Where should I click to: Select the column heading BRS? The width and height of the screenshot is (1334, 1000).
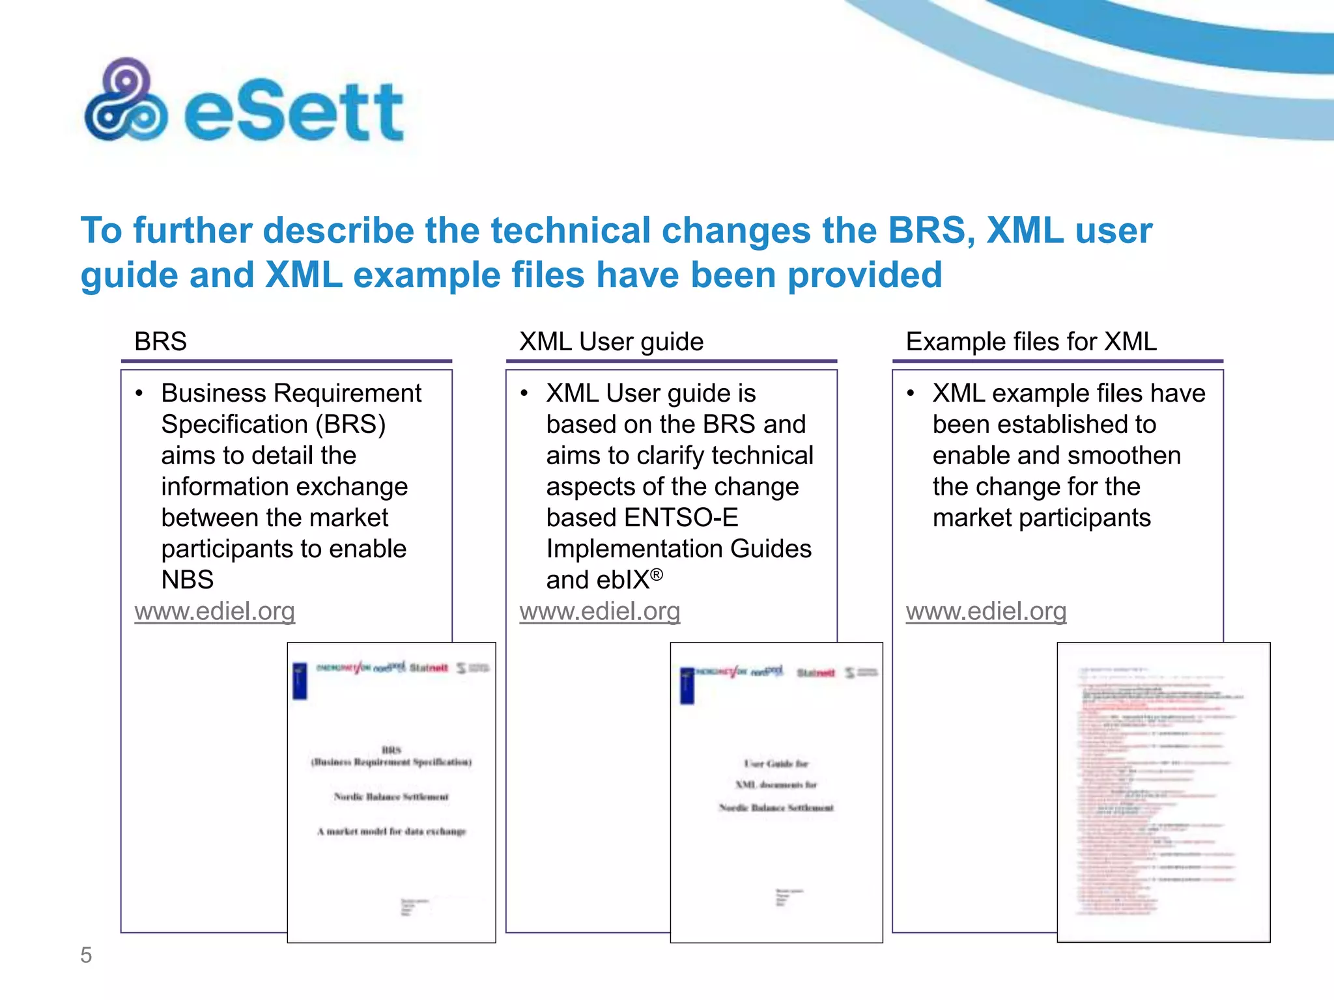(160, 342)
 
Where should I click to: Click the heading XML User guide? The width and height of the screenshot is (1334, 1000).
(611, 342)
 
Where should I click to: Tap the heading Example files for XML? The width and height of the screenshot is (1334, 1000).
(1031, 342)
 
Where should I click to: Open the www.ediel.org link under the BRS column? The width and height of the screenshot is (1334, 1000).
(215, 611)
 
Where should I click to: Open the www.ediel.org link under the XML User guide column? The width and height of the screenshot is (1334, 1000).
(600, 611)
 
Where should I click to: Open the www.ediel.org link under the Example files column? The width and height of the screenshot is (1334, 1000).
(986, 611)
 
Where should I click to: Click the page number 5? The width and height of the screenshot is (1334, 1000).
(86, 955)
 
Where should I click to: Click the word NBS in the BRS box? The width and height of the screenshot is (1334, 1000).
(188, 580)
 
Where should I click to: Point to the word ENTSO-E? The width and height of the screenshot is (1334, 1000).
(681, 518)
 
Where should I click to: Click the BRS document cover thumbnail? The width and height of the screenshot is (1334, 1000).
(391, 792)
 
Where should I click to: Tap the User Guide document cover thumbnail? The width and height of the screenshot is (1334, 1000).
(776, 792)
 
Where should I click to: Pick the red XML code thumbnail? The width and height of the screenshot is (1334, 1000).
(1163, 792)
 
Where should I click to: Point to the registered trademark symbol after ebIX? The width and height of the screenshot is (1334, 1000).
(657, 574)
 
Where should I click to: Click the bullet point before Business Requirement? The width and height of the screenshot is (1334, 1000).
(139, 393)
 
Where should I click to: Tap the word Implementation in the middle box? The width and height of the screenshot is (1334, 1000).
(634, 549)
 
